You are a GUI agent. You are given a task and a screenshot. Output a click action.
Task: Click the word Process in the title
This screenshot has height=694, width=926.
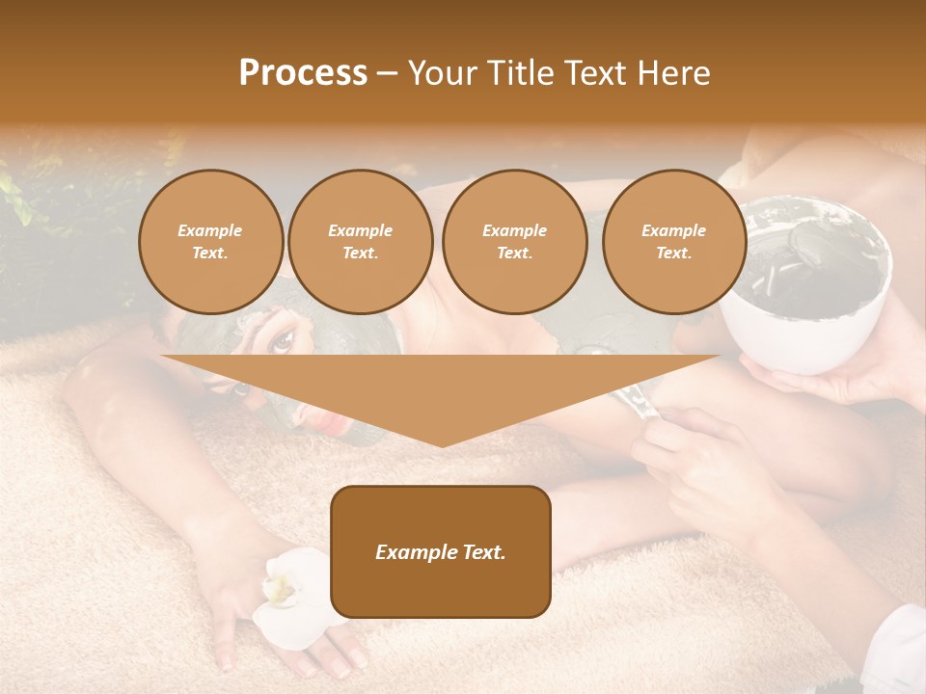(303, 73)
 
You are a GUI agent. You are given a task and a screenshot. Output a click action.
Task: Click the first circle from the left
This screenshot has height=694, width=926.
(210, 242)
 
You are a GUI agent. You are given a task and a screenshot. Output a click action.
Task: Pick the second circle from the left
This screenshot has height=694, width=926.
(360, 242)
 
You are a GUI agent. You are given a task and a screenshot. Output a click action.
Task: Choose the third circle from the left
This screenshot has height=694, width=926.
(514, 242)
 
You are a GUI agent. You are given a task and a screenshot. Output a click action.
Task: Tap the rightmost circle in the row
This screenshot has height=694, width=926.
(673, 242)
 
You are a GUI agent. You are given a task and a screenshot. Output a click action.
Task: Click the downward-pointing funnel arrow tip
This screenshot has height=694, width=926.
(442, 440)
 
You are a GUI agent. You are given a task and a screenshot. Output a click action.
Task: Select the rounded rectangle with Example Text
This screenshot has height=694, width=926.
(441, 551)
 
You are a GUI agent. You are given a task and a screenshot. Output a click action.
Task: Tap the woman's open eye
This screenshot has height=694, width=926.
(283, 338)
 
